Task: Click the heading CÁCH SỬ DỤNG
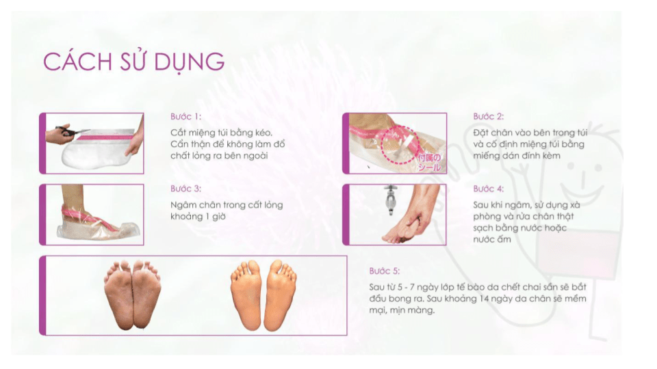click(x=133, y=62)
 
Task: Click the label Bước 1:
click(x=185, y=116)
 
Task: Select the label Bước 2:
click(x=489, y=116)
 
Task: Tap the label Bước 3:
click(x=185, y=189)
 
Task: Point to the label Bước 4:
click(x=489, y=189)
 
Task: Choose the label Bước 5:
click(x=385, y=271)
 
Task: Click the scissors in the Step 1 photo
click(x=70, y=131)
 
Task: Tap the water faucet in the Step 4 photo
click(x=391, y=200)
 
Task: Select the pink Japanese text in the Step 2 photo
click(x=429, y=163)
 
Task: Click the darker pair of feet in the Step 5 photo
click(x=132, y=295)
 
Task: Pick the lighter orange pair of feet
click(x=263, y=295)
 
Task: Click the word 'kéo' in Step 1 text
click(x=262, y=133)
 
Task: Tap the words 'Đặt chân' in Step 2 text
click(x=492, y=133)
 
